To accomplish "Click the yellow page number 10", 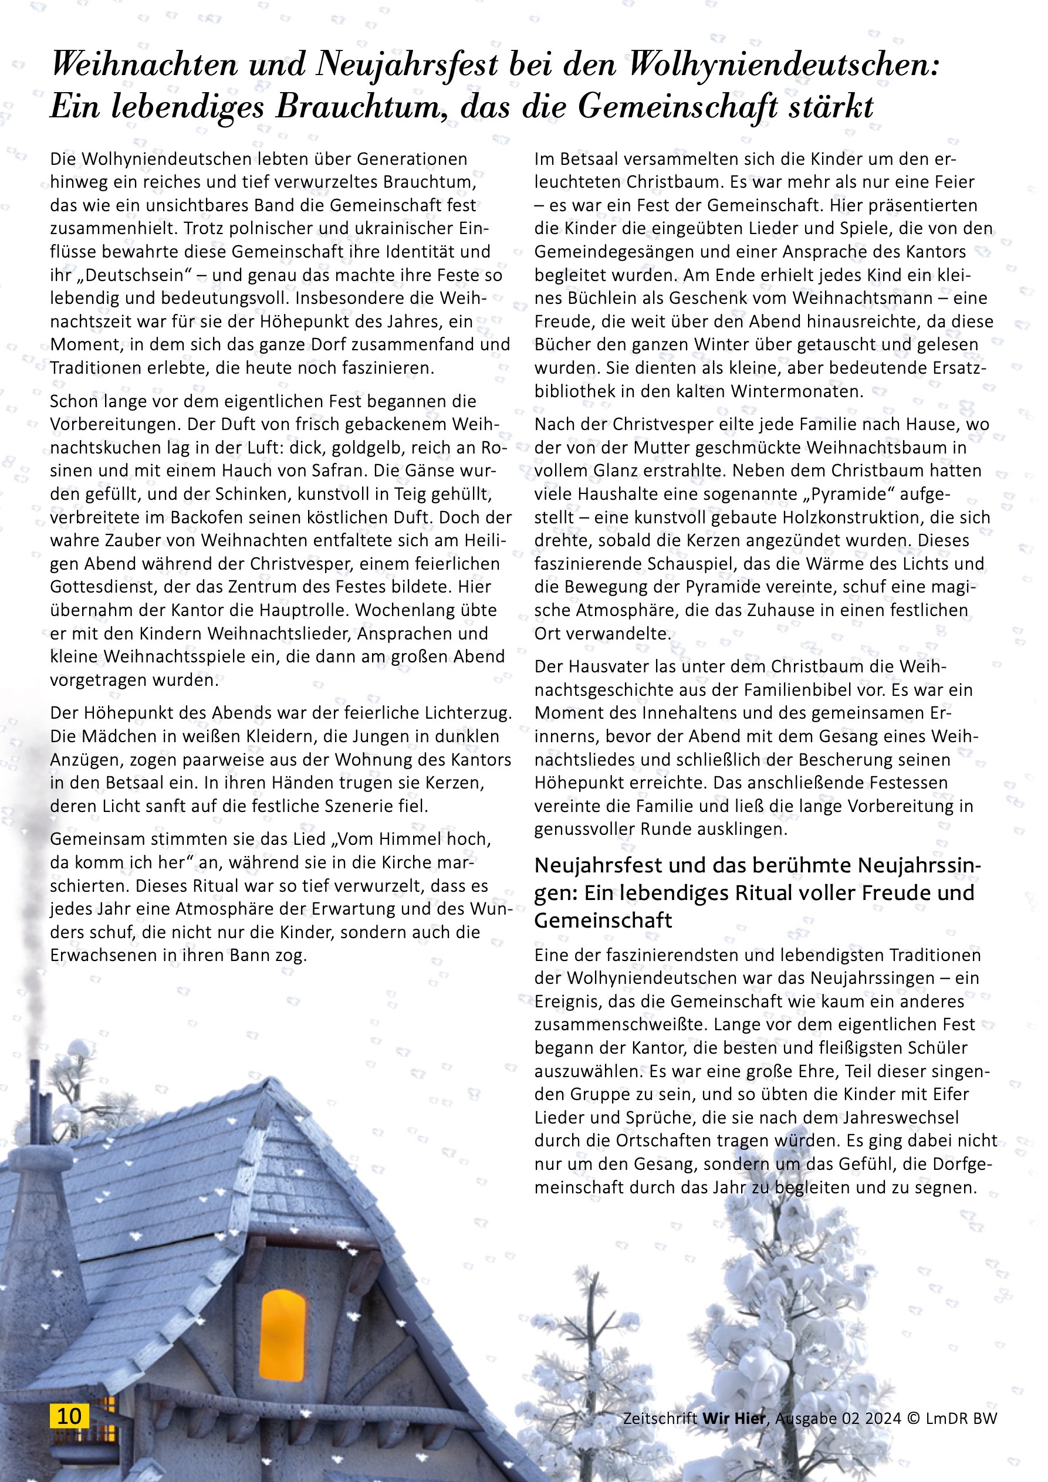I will click(x=69, y=1416).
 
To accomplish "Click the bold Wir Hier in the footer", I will click(x=733, y=1418).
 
